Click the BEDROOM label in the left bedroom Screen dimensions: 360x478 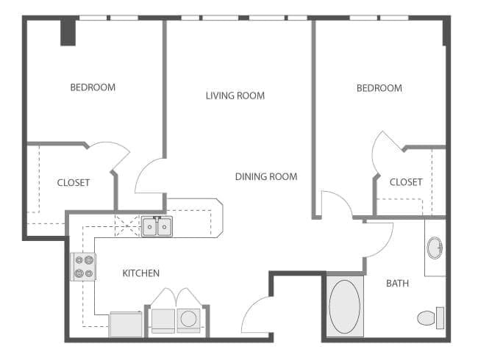pyautogui.click(x=93, y=87)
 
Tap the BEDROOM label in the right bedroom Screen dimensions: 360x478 pyautogui.click(x=379, y=88)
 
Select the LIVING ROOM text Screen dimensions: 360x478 pyautogui.click(x=235, y=96)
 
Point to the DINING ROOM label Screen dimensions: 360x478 pyautogui.click(x=266, y=176)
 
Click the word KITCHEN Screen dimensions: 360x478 pyautogui.click(x=140, y=273)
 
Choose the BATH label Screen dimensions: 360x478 pyautogui.click(x=397, y=283)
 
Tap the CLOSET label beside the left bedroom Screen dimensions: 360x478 pyautogui.click(x=74, y=182)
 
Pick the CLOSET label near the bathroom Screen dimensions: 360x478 pyautogui.click(x=406, y=181)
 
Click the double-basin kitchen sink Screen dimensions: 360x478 pyautogui.click(x=157, y=227)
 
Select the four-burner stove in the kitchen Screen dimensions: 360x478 pyautogui.click(x=83, y=266)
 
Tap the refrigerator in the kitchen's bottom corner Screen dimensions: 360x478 pyautogui.click(x=126, y=324)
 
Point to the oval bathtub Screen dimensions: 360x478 pyautogui.click(x=344, y=306)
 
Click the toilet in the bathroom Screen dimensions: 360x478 pyautogui.click(x=429, y=317)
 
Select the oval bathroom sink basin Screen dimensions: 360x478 pyautogui.click(x=435, y=247)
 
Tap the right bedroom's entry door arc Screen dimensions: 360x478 pyautogui.click(x=335, y=204)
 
